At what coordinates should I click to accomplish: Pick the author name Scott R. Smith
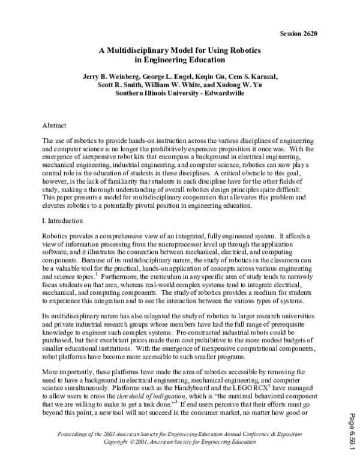116,85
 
